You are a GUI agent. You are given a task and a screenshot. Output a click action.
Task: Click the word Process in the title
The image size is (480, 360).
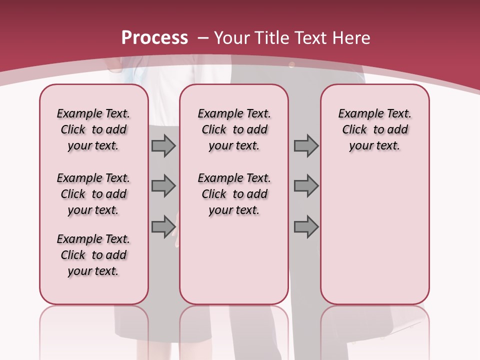(x=155, y=38)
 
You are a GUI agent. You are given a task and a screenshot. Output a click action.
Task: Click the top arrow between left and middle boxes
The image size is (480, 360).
(x=163, y=145)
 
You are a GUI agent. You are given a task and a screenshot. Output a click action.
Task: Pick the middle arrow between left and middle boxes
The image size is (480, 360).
(x=163, y=186)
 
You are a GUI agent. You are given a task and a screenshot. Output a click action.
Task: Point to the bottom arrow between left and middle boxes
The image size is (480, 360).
(x=163, y=226)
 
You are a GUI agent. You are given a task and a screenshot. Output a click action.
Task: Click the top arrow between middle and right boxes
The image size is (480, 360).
(x=306, y=145)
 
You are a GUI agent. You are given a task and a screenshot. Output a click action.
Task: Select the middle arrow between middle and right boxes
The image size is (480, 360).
(x=306, y=186)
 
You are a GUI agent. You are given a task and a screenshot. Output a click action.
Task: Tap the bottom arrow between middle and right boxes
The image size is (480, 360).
(x=306, y=226)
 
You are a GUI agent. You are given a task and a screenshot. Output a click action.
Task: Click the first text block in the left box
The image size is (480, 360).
(x=93, y=129)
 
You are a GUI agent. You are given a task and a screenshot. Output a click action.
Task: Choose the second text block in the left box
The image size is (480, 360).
(x=93, y=194)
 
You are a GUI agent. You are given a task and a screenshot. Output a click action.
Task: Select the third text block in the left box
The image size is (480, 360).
(x=93, y=255)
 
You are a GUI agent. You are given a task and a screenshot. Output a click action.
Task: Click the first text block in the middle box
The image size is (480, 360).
(x=234, y=129)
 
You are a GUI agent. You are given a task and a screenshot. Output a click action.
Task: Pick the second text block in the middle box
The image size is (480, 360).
(x=234, y=194)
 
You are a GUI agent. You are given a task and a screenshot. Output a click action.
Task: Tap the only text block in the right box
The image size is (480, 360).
(x=374, y=129)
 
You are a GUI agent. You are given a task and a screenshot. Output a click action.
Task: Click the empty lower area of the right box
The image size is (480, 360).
(x=374, y=235)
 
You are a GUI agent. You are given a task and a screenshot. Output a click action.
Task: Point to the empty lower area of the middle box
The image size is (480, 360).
(x=234, y=260)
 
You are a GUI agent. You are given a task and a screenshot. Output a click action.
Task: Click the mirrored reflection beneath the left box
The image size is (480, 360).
(x=93, y=330)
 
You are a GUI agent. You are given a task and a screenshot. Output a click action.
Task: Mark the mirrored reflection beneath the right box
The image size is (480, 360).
(x=374, y=330)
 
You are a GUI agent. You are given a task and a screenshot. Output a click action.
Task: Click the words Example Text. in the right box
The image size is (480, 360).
(x=374, y=114)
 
